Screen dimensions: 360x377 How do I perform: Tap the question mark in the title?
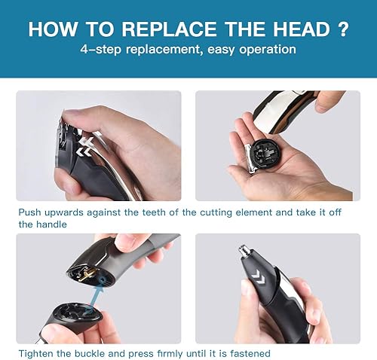[x=343, y=30]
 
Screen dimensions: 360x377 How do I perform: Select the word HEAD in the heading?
[x=298, y=30]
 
